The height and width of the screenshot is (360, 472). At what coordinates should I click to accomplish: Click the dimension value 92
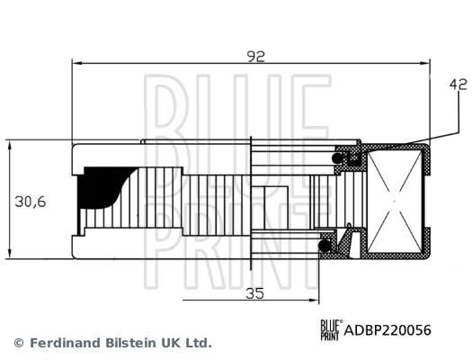(x=256, y=57)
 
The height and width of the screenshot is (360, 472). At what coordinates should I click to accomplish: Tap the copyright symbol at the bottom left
(x=18, y=343)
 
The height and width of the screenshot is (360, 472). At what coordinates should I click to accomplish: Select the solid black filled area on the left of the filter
(x=96, y=187)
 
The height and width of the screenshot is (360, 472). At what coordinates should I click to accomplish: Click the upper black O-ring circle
(x=341, y=158)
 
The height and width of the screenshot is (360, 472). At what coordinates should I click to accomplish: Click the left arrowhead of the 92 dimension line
(x=76, y=63)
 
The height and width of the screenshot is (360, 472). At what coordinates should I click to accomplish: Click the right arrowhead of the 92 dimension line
(x=427, y=63)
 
